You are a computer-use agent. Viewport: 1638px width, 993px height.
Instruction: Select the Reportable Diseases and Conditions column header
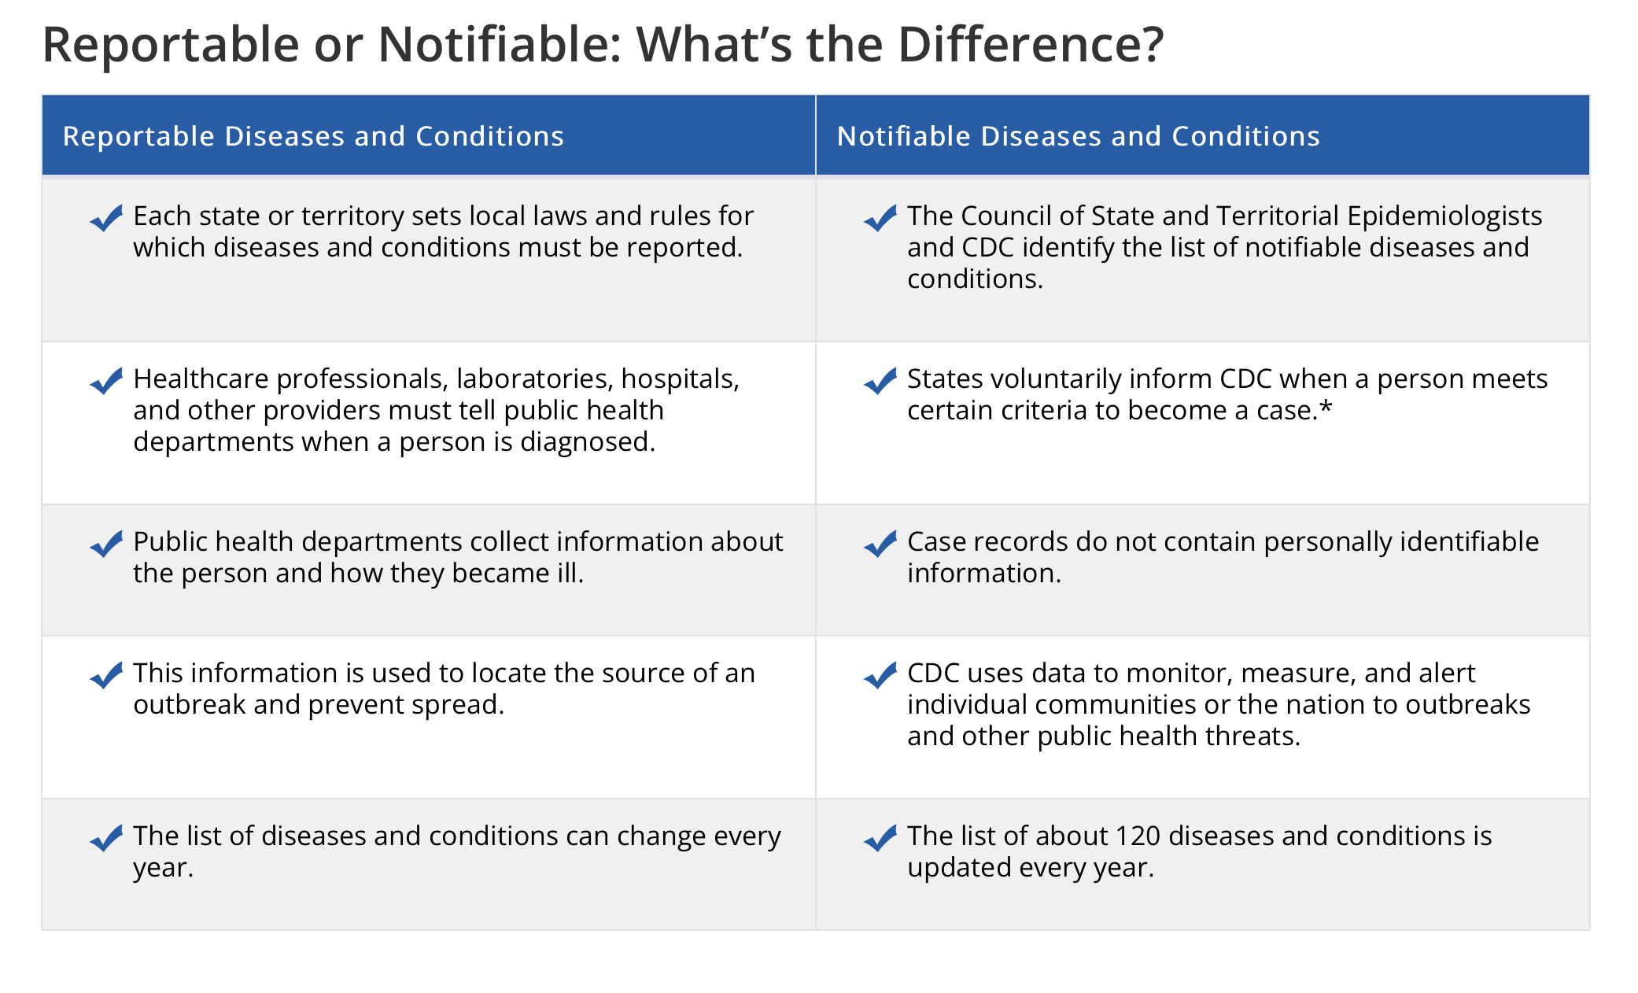pos(313,136)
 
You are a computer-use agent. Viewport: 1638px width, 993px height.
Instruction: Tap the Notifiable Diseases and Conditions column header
pos(1078,136)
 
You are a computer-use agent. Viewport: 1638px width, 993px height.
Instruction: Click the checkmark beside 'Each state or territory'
pos(106,218)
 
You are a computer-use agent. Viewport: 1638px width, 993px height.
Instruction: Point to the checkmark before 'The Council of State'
pos(880,218)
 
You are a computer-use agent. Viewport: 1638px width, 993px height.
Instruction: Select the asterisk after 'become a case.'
pos(1326,407)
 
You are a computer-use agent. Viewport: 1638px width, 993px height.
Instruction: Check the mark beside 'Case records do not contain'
pos(880,544)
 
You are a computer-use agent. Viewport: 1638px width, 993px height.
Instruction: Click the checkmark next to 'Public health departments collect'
pos(106,544)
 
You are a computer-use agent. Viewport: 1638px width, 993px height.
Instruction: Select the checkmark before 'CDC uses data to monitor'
pos(880,675)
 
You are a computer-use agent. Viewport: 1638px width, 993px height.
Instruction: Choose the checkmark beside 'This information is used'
pos(106,675)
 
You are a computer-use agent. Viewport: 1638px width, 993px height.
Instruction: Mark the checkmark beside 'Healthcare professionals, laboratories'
pos(106,381)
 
